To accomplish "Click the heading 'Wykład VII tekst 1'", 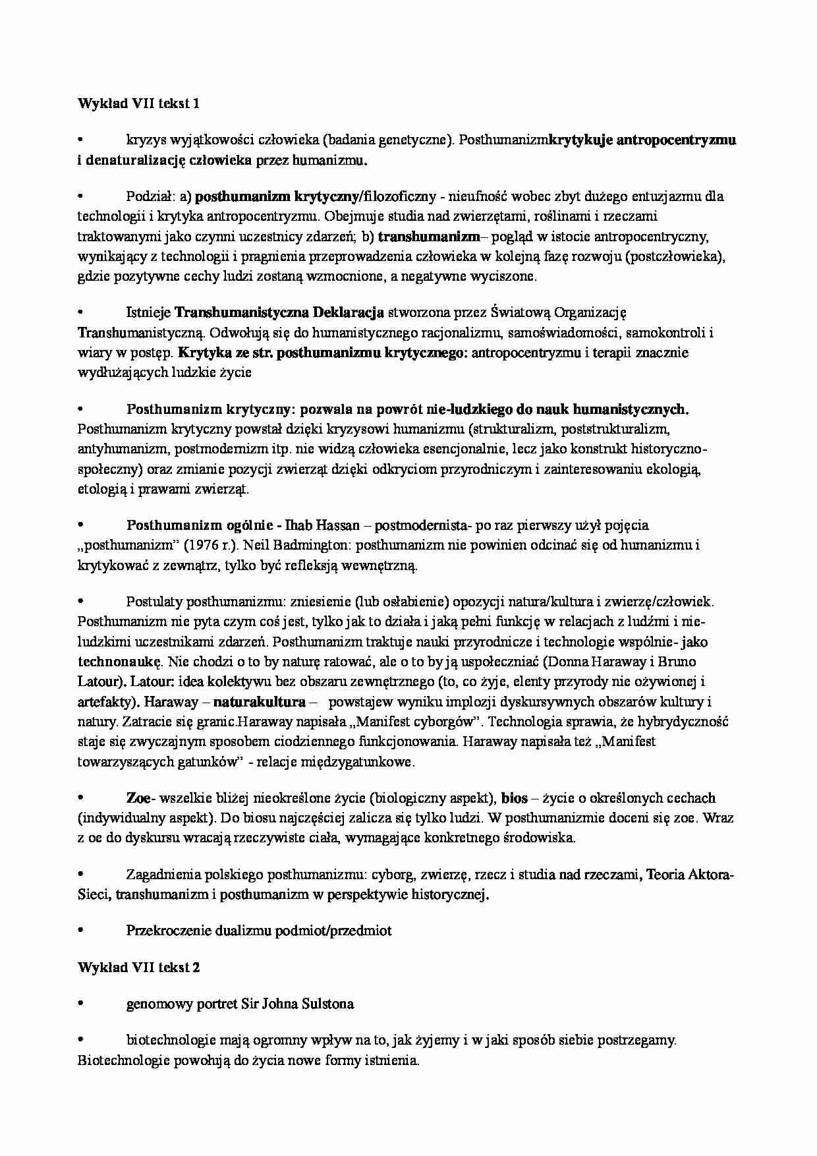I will coord(138,103).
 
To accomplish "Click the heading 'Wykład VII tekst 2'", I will coord(138,968).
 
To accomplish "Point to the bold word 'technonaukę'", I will coord(119,661).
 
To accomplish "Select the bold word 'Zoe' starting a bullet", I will coord(138,798).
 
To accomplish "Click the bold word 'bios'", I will coord(515,798).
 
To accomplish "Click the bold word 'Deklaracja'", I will coord(349,312).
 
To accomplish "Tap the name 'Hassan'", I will coord(338,525).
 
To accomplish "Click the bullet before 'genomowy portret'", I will coord(81,1004).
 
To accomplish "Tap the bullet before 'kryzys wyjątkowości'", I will coord(81,140).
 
